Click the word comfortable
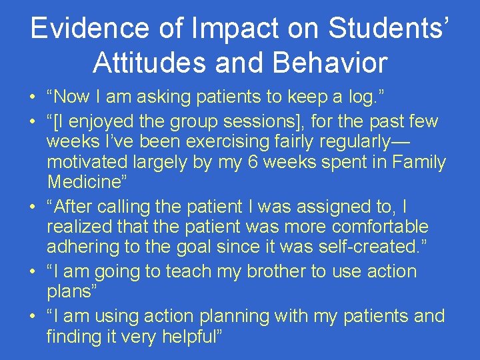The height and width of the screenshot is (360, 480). (382, 227)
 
